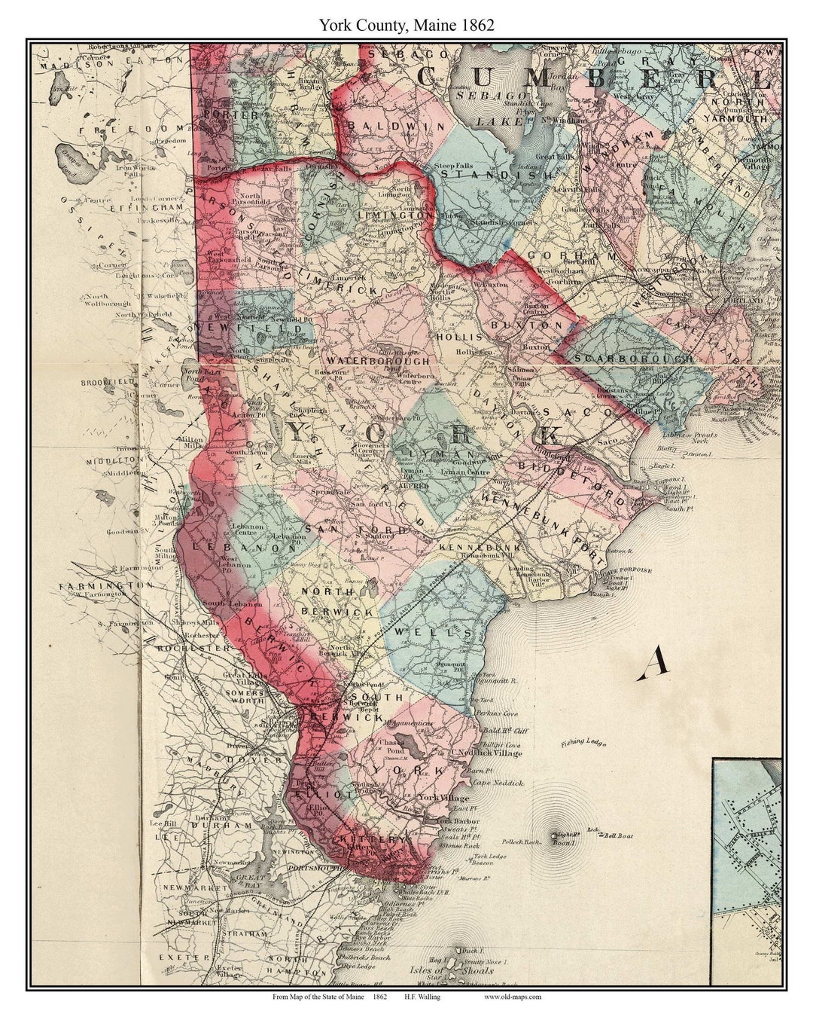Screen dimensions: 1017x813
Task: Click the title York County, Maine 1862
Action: (406, 25)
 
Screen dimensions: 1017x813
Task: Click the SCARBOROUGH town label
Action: (633, 359)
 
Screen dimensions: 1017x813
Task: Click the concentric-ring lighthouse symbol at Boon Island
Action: (555, 835)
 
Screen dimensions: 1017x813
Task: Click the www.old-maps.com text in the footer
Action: (512, 997)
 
